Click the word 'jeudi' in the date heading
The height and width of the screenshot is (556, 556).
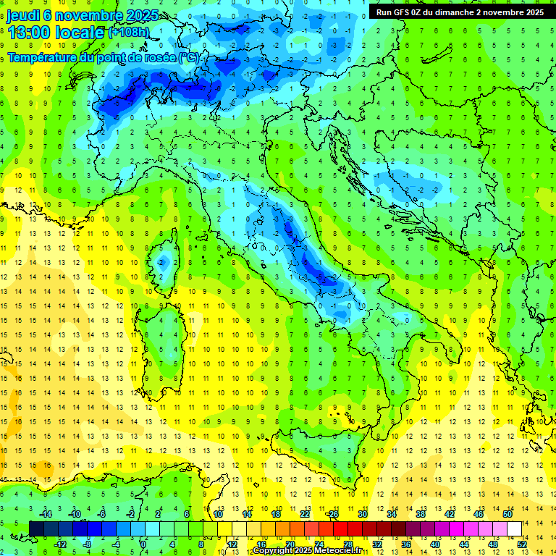24,15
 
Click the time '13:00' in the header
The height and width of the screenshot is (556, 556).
32,33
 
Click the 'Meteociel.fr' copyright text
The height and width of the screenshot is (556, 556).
339,551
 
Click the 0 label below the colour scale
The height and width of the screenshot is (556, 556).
143,544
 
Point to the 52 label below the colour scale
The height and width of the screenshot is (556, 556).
522,544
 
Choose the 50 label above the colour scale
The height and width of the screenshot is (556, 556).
507,515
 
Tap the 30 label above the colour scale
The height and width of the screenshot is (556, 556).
362,515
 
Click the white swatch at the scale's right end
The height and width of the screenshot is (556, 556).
515,528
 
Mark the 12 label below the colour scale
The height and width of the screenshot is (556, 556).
232,544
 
